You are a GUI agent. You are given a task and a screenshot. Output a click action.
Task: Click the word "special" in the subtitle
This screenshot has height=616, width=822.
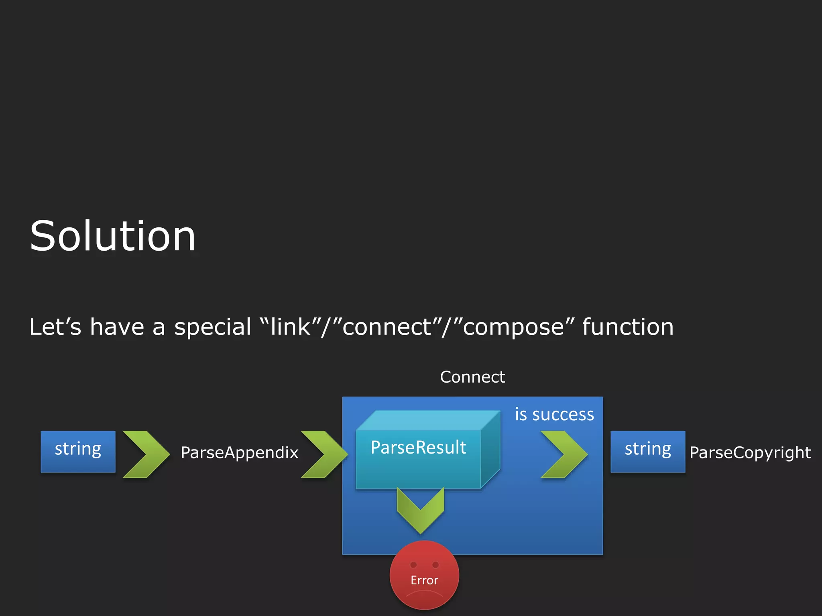tap(213, 327)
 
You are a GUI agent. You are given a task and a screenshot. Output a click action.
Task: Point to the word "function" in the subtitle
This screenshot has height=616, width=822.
tap(628, 327)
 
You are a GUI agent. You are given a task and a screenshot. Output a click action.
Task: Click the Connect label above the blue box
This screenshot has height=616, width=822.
tap(472, 377)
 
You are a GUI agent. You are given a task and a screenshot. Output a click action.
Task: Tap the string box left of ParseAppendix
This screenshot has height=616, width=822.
tap(78, 451)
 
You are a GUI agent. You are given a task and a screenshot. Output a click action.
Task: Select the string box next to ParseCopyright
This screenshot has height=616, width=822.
tap(648, 451)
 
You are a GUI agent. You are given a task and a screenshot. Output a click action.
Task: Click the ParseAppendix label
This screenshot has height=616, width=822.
tap(240, 453)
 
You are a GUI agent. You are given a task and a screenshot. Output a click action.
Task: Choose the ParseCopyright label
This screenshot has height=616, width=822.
tap(750, 453)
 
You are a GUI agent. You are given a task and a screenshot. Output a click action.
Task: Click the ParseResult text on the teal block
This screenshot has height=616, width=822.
tap(418, 448)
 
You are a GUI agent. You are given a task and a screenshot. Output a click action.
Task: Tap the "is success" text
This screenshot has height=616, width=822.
tap(554, 415)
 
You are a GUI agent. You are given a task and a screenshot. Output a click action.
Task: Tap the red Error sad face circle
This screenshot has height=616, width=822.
tap(424, 575)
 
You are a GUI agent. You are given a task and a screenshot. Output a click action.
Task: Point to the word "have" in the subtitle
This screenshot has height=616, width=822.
tap(117, 327)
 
